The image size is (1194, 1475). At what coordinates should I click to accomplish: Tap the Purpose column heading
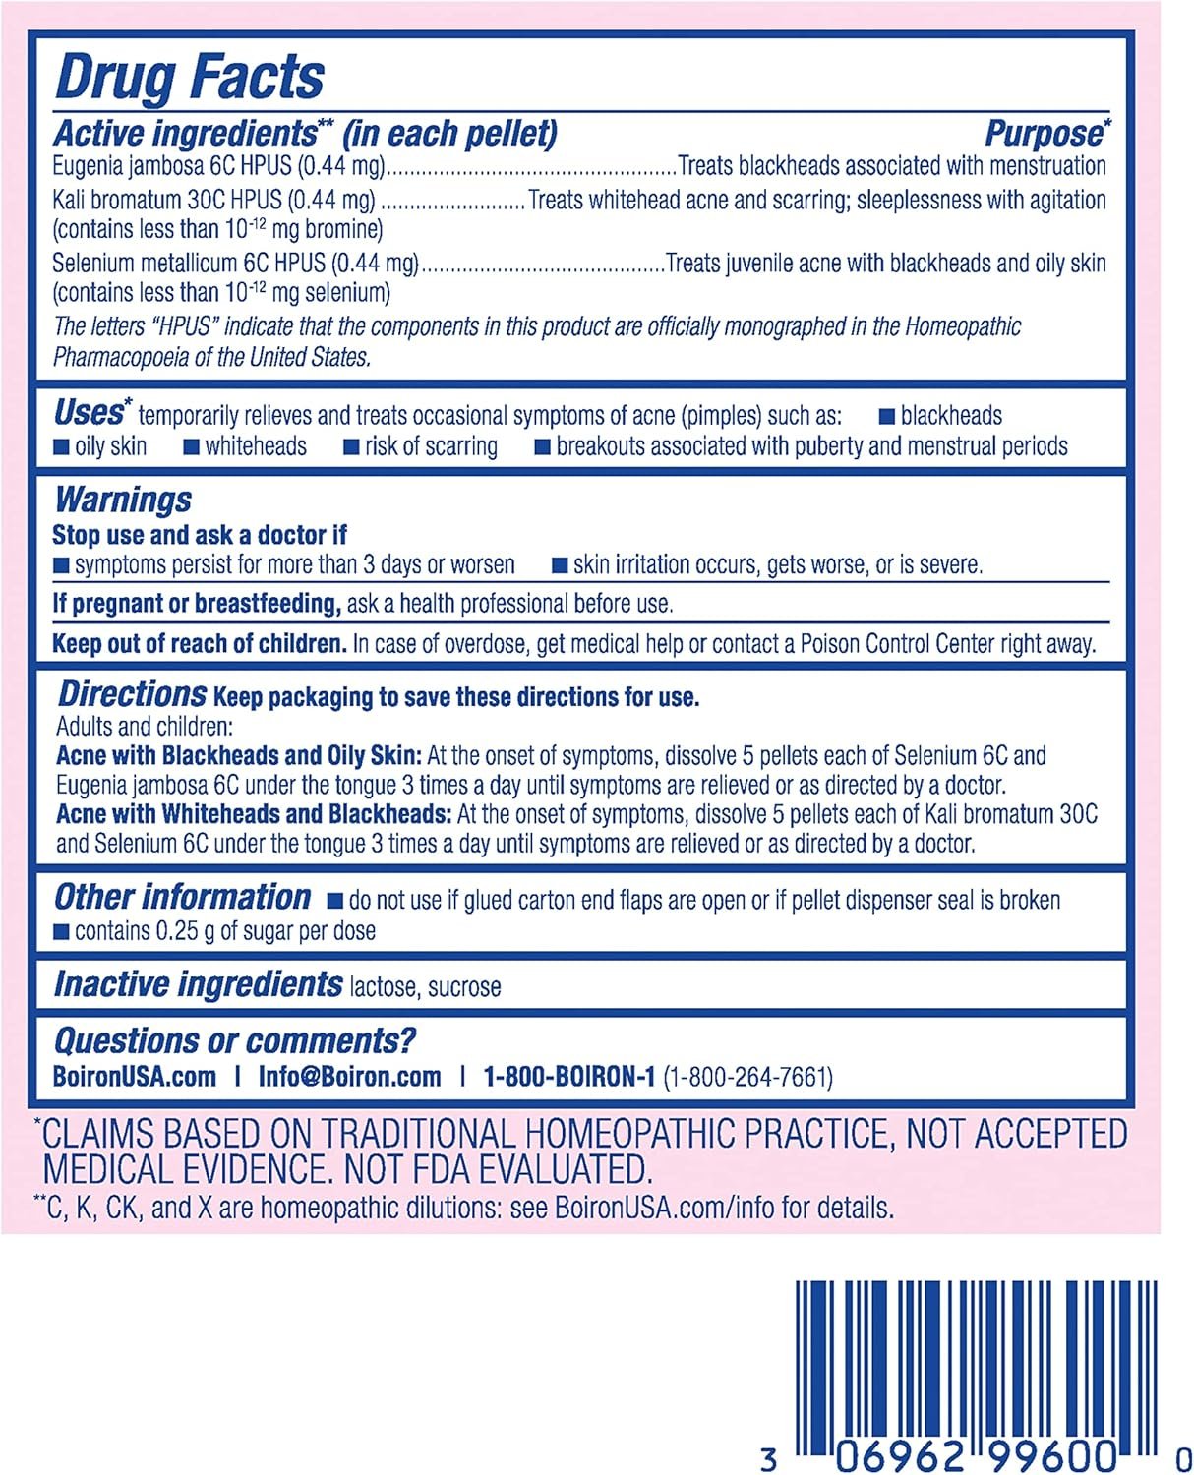1045,133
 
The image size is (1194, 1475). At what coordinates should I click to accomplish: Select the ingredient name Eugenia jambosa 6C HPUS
172,166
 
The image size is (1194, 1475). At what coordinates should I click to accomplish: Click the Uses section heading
90,412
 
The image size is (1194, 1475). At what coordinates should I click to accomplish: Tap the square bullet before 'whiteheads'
192,447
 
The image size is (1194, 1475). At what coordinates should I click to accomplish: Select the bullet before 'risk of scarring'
351,447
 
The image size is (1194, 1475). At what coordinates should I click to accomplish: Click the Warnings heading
123,500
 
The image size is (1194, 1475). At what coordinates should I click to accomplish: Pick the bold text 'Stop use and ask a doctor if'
199,535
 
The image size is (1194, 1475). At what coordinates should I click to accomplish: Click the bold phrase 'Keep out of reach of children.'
200,644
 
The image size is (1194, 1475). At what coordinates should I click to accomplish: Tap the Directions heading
132,694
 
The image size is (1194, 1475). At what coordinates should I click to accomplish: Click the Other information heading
182,897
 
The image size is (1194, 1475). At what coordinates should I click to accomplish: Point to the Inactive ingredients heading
198,984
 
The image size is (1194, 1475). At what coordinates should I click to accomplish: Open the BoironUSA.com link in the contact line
135,1077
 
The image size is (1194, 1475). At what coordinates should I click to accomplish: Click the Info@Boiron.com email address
349,1077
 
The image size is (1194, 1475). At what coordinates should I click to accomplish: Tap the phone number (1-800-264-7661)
747,1078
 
